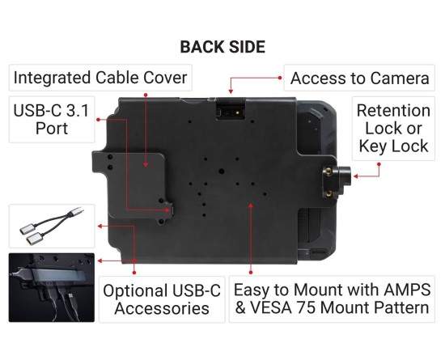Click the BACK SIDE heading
click(x=222, y=47)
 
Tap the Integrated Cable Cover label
click(x=100, y=78)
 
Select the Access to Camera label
click(x=359, y=78)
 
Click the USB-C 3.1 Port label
click(x=51, y=120)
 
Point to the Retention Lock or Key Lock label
click(x=394, y=129)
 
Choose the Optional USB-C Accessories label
click(x=162, y=299)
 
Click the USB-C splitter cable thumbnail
click(x=52, y=226)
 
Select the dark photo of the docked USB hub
click(x=51, y=288)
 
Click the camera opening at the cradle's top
click(x=231, y=109)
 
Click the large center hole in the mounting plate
click(x=222, y=172)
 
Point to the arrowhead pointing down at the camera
click(x=231, y=91)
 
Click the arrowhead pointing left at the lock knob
click(x=356, y=176)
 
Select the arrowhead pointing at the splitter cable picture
click(x=100, y=226)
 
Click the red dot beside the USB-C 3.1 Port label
click(x=98, y=120)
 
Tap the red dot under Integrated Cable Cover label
click(x=146, y=95)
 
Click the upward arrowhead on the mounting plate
click(x=251, y=205)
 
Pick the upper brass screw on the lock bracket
click(x=328, y=171)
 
